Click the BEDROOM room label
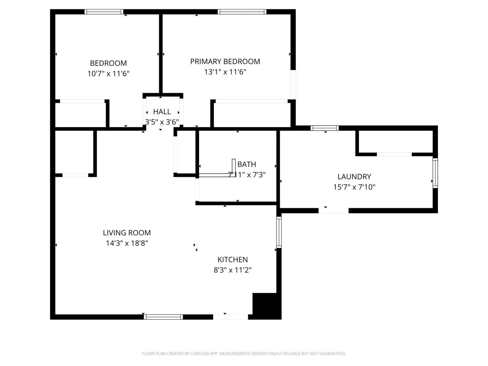click(108, 63)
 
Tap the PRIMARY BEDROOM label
click(225, 62)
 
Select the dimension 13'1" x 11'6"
click(225, 72)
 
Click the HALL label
click(162, 112)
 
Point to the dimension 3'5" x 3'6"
click(162, 122)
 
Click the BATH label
click(247, 164)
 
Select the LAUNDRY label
click(354, 176)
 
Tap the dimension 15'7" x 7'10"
click(354, 187)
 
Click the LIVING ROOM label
click(127, 233)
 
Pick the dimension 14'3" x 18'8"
click(127, 243)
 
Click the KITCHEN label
click(232, 260)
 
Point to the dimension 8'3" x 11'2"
click(232, 270)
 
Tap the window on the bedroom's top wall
click(104, 12)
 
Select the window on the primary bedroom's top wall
click(242, 12)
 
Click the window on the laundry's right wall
click(435, 173)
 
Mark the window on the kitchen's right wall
click(279, 232)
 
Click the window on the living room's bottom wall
click(163, 317)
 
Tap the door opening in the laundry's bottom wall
click(333, 210)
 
